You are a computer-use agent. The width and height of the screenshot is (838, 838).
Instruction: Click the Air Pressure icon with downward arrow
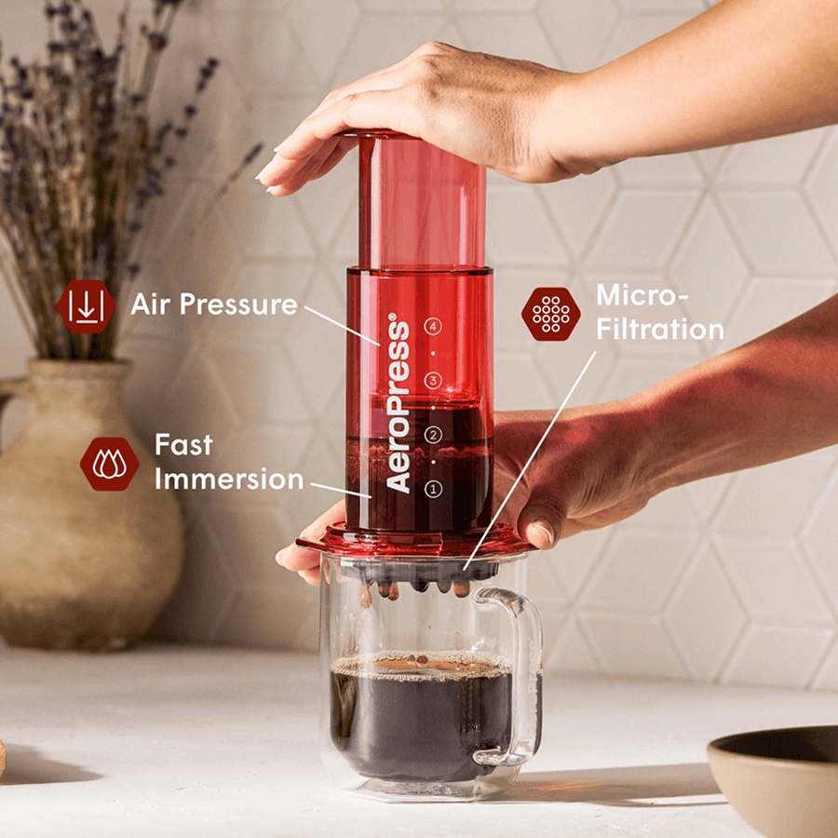pyautogui.click(x=86, y=306)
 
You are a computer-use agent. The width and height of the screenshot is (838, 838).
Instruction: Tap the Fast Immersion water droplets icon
pyautogui.click(x=110, y=463)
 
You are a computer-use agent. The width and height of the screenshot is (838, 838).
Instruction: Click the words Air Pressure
pyautogui.click(x=213, y=304)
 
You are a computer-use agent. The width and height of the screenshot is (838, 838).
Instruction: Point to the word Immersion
pyautogui.click(x=229, y=480)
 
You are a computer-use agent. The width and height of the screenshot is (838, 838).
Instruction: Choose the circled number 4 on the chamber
pyautogui.click(x=432, y=326)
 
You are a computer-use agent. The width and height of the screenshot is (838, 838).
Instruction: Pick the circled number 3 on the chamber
pyautogui.click(x=432, y=380)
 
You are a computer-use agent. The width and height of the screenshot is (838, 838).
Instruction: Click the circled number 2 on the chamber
pyautogui.click(x=432, y=435)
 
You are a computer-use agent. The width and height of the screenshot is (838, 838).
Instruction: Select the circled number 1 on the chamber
pyautogui.click(x=432, y=488)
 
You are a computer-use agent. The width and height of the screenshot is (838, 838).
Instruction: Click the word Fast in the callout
pyautogui.click(x=183, y=445)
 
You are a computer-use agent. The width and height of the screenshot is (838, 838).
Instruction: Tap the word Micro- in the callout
pyautogui.click(x=642, y=295)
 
